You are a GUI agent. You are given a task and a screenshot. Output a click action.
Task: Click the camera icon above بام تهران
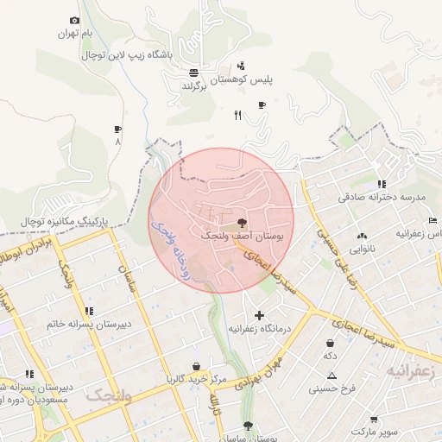tap(74, 21)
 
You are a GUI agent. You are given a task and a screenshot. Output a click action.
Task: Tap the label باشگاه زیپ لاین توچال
tap(127, 54)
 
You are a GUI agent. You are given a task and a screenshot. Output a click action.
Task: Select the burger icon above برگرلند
tap(193, 73)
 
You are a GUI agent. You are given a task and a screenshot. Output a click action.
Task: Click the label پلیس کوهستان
tap(267, 79)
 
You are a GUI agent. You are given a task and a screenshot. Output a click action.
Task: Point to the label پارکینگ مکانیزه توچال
tap(66, 222)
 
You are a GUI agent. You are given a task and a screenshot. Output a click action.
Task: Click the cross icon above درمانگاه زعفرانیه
tap(259, 315)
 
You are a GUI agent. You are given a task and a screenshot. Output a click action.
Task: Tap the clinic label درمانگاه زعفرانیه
tap(258, 329)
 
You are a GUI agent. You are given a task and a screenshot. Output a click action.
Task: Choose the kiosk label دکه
tap(330, 356)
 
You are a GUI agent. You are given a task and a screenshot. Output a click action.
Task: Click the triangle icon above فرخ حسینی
tap(331, 376)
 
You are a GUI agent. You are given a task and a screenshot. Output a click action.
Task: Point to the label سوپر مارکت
tap(370, 429)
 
